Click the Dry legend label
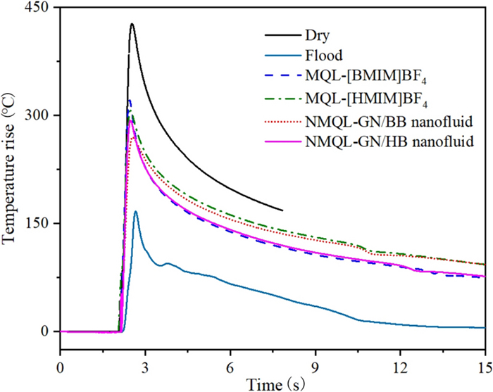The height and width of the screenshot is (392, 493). pyautogui.click(x=317, y=34)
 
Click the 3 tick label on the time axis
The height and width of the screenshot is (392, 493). pyautogui.click(x=145, y=367)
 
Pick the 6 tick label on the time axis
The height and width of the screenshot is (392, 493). pyautogui.click(x=230, y=367)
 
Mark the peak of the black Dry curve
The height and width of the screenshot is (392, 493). pyautogui.click(x=132, y=24)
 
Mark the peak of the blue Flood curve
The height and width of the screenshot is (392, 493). pyautogui.click(x=135, y=211)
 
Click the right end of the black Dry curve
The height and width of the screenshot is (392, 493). pyautogui.click(x=282, y=210)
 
